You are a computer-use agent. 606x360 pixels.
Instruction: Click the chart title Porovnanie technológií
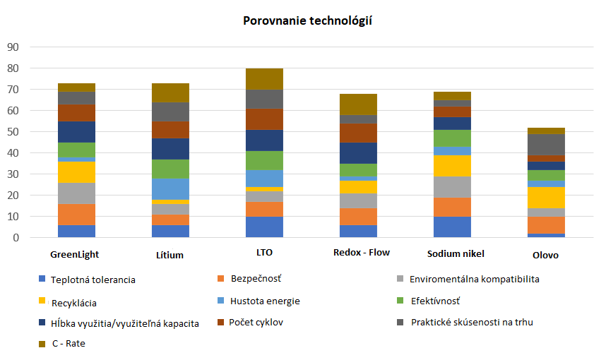[307, 20]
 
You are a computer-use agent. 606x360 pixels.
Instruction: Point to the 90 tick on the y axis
[13, 47]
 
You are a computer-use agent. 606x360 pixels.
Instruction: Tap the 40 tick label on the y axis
[13, 153]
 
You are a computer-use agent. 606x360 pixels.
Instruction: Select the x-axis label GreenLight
[74, 253]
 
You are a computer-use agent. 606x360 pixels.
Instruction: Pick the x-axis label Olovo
[546, 255]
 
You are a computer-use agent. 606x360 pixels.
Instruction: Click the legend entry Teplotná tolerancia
[93, 280]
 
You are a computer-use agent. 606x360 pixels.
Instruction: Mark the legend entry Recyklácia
[73, 303]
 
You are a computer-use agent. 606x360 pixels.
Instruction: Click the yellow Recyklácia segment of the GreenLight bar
[77, 172]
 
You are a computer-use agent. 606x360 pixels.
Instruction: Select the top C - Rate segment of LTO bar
[265, 79]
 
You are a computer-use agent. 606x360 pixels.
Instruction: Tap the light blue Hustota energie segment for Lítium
[171, 189]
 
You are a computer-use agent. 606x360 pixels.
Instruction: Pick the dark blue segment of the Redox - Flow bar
[359, 153]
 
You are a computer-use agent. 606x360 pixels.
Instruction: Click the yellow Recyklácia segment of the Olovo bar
[546, 198]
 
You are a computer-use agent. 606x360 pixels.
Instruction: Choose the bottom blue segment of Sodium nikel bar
[453, 227]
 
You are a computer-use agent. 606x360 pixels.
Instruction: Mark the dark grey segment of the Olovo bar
[546, 145]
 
